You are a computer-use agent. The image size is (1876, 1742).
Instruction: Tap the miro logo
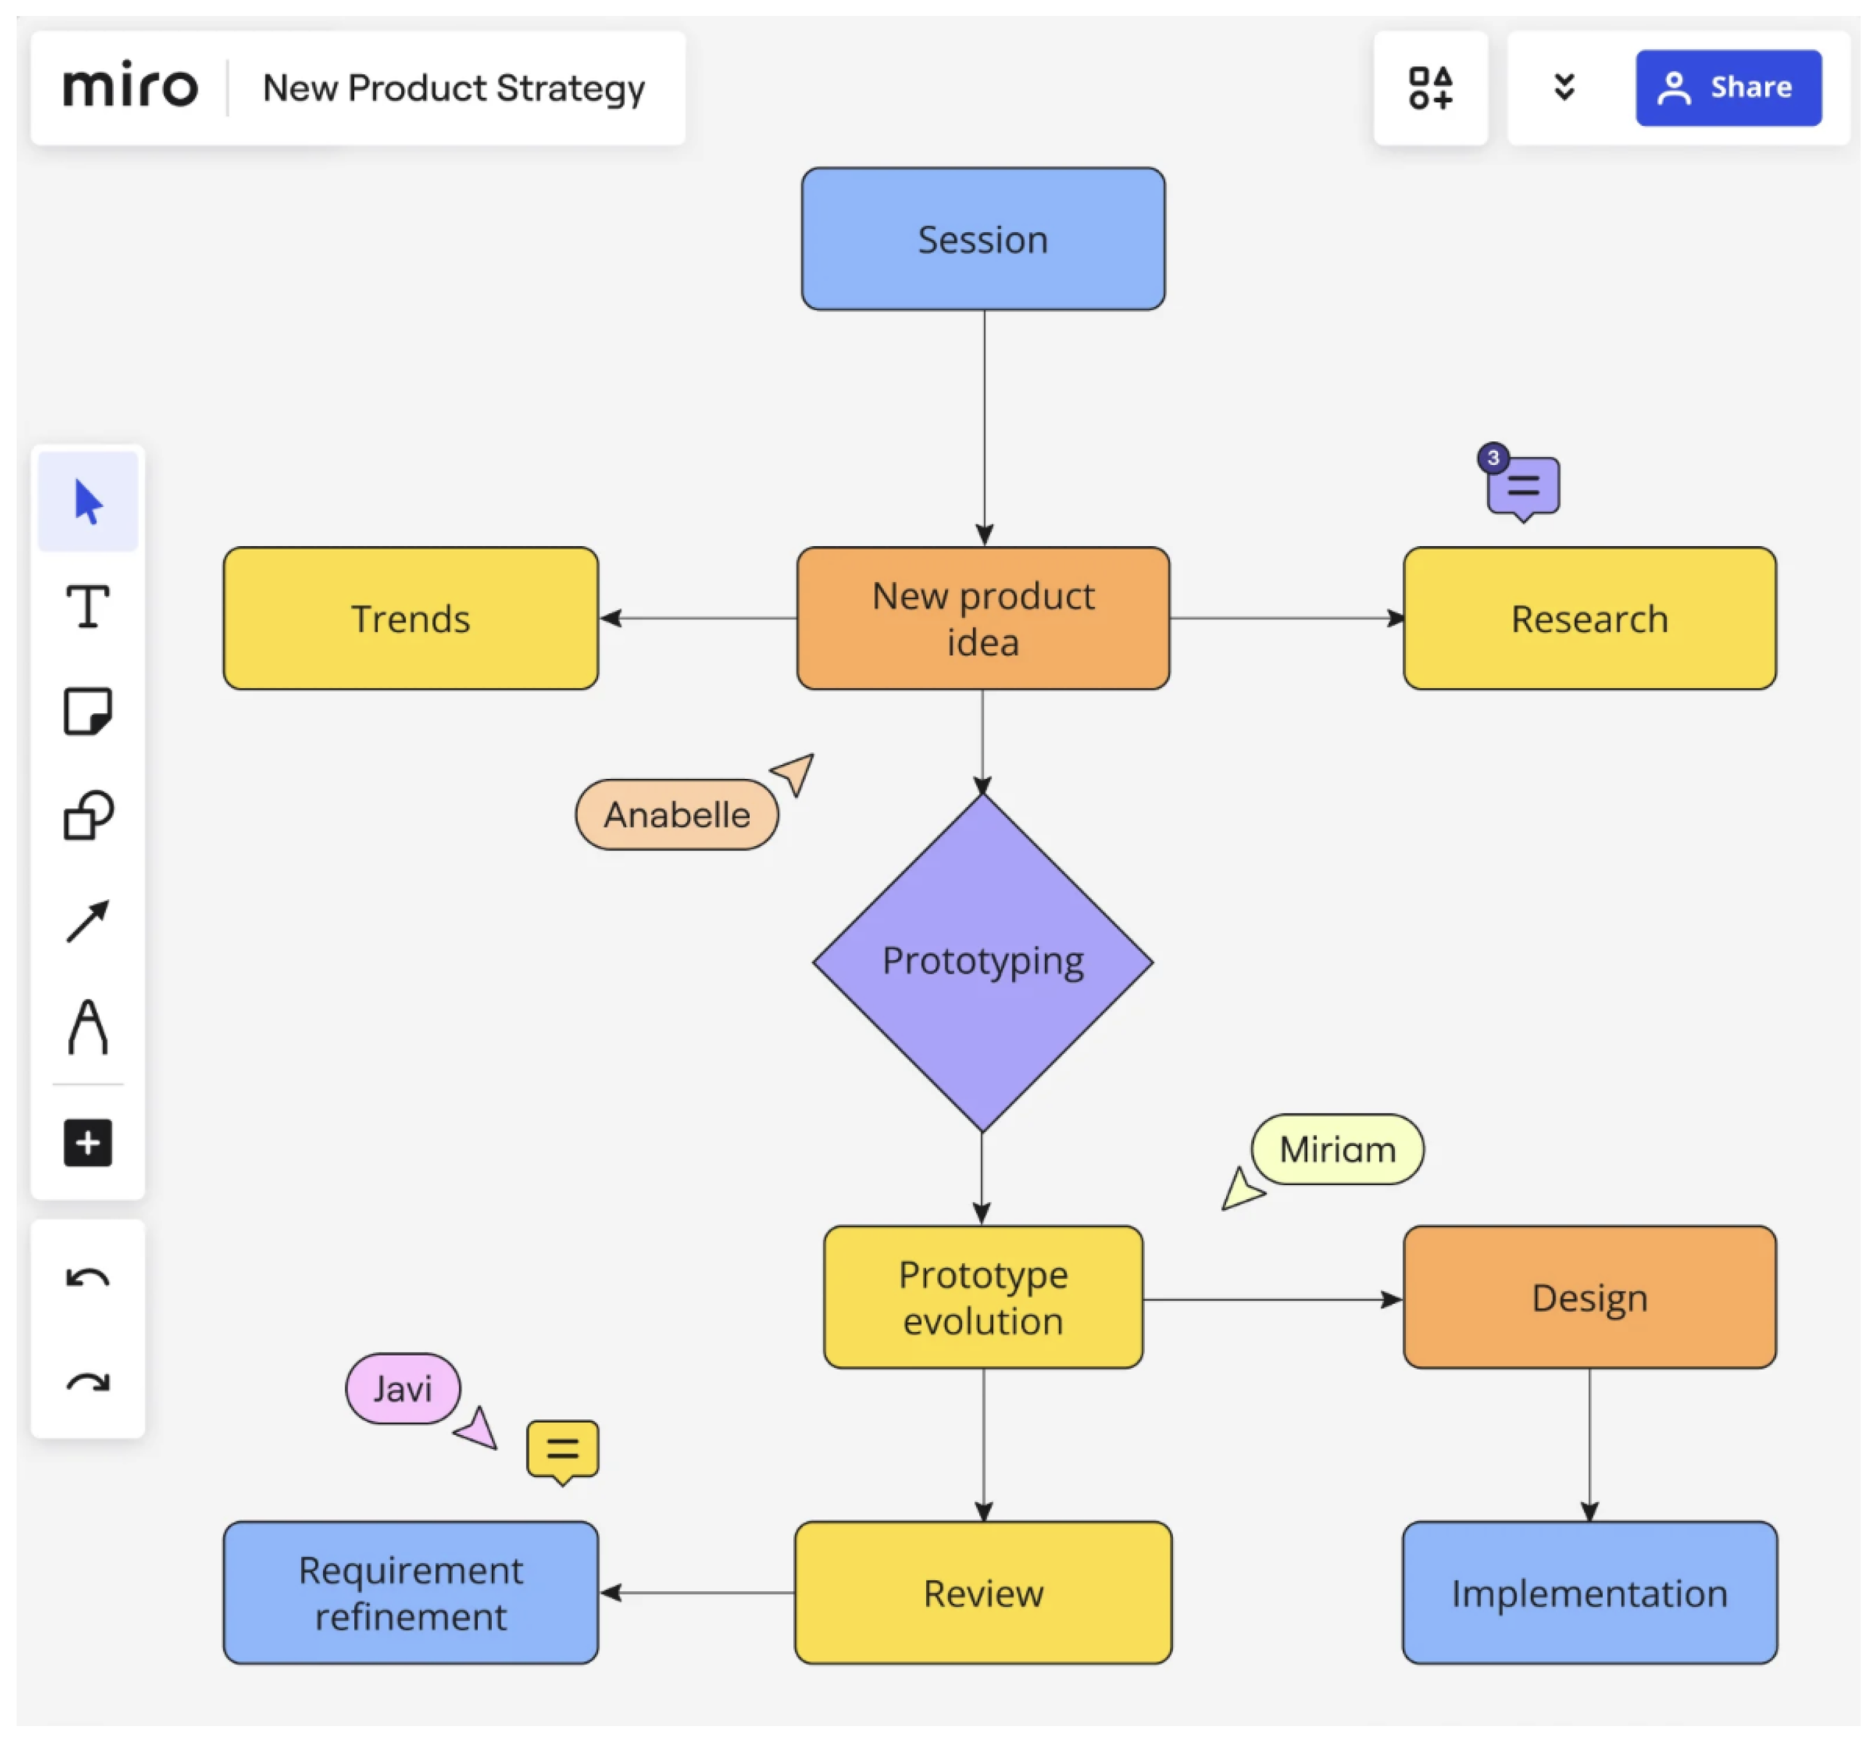point(130,87)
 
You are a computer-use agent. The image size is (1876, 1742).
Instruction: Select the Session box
point(982,239)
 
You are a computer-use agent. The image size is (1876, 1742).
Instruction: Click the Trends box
point(410,618)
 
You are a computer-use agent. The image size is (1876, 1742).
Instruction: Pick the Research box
point(1588,618)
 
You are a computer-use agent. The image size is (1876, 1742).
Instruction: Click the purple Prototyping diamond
point(982,962)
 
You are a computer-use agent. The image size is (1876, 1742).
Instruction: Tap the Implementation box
point(1588,1593)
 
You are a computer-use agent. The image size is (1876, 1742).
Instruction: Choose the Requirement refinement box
point(410,1593)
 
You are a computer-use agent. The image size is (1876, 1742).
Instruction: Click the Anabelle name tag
point(676,815)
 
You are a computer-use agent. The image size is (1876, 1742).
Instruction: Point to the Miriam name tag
point(1337,1149)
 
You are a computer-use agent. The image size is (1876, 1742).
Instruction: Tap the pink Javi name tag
point(402,1388)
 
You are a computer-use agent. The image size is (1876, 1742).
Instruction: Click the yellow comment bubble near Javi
point(562,1449)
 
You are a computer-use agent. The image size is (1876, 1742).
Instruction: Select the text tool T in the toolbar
point(88,606)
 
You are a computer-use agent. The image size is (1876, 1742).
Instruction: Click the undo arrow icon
point(88,1278)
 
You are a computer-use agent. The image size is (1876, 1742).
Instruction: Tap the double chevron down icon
point(1564,88)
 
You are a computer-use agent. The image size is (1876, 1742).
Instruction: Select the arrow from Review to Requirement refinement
point(698,1592)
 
